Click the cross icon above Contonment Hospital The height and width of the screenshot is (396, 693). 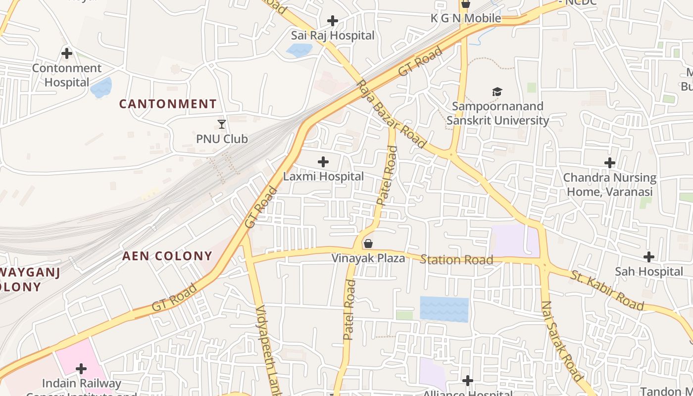tap(66, 53)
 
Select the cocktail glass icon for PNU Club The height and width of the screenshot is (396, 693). tap(222, 124)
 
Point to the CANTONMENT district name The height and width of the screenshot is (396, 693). tap(168, 104)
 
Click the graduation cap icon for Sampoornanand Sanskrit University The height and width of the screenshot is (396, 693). tap(497, 92)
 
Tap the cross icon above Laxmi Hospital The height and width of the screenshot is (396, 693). tap(323, 162)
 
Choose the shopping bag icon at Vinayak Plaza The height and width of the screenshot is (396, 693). tap(368, 244)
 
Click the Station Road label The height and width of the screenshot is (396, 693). tap(456, 260)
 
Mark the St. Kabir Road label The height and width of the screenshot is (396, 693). tap(607, 291)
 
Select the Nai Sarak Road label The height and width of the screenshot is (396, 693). tap(562, 341)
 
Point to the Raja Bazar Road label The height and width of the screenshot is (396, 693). tap(391, 114)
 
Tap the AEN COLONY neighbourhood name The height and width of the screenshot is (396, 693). tap(167, 256)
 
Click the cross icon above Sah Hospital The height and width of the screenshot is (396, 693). tap(648, 257)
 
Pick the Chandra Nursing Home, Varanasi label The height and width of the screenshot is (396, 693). tap(609, 185)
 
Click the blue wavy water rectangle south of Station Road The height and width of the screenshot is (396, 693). tap(444, 309)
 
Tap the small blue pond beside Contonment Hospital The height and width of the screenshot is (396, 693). tap(101, 88)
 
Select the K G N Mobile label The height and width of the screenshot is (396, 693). tap(465, 18)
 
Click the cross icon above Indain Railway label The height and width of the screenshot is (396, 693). tap(81, 369)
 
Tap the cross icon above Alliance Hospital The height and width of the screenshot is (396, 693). tap(467, 381)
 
